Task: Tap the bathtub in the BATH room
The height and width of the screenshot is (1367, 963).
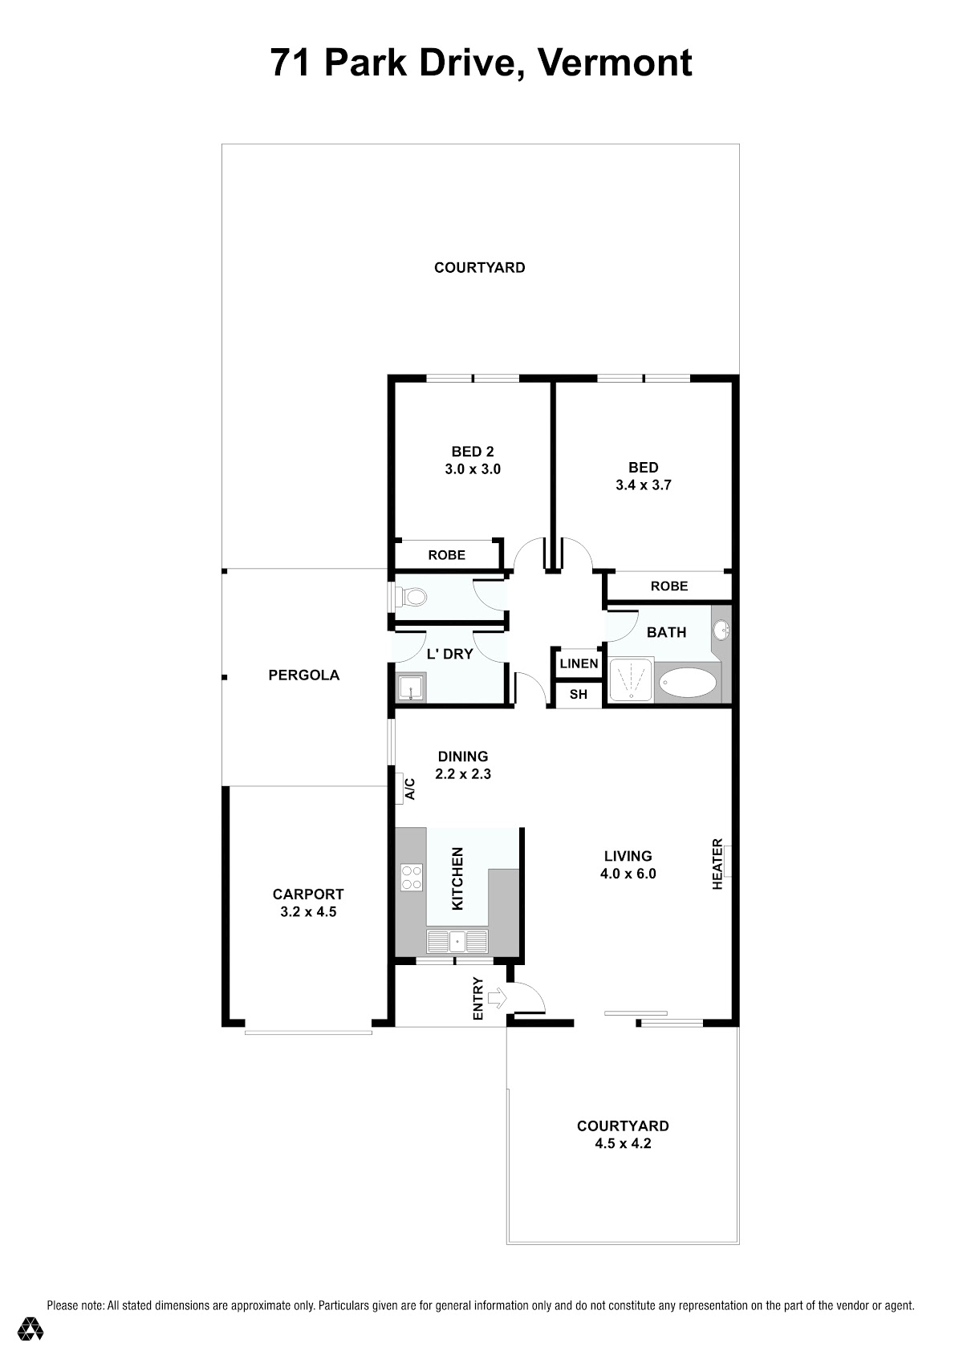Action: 689,682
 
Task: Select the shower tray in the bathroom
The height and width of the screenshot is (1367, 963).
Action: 632,679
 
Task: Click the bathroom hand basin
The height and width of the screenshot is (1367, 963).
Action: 721,630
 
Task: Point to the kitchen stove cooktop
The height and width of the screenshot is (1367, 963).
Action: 411,878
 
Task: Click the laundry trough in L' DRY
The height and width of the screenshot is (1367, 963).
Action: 411,688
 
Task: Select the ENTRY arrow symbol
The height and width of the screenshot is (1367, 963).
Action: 497,998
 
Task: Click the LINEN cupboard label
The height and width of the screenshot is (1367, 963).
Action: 579,663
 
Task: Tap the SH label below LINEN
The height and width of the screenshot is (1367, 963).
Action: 579,694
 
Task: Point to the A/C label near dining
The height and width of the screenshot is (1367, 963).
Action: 410,788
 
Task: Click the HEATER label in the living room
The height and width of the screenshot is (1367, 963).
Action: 717,863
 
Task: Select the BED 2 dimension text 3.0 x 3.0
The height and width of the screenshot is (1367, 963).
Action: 473,469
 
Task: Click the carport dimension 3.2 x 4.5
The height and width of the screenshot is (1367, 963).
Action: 308,912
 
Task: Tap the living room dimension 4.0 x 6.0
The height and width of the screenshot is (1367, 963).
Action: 628,874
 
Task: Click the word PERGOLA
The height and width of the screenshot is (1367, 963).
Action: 304,675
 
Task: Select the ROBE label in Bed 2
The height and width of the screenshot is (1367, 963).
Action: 446,554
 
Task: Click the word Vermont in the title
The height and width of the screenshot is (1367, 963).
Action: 615,63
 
